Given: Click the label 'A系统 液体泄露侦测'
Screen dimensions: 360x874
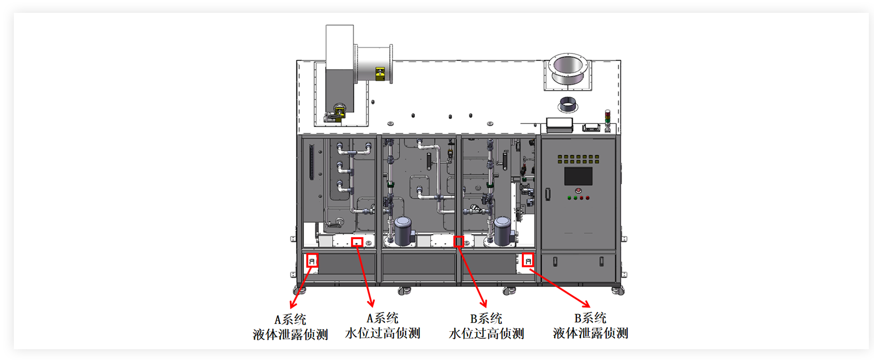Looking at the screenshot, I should click(x=290, y=327).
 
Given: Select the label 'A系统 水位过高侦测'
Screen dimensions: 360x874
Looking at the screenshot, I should click(x=383, y=326).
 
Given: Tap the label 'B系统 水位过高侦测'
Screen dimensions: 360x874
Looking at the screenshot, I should click(x=486, y=326).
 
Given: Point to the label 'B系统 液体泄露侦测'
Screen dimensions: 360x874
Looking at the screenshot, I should click(x=590, y=326).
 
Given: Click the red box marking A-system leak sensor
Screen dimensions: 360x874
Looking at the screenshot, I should click(x=312, y=261).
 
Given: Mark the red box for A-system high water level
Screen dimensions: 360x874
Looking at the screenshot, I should click(x=357, y=242).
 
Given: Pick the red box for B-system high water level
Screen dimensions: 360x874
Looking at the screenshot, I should click(x=459, y=241).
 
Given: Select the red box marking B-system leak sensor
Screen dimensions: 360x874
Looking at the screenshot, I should click(x=528, y=261).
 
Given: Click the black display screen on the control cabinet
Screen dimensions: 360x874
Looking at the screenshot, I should click(x=578, y=176).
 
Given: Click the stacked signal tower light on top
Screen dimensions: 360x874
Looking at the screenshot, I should click(x=608, y=120).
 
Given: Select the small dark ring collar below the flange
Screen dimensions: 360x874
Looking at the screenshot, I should click(x=568, y=106).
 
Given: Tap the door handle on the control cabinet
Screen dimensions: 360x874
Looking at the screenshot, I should click(x=548, y=194).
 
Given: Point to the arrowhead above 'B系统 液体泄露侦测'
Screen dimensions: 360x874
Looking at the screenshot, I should click(x=587, y=304).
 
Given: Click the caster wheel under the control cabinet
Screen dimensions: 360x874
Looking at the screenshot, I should click(x=618, y=291).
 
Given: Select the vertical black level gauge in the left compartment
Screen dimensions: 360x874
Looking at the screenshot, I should click(x=311, y=162).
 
